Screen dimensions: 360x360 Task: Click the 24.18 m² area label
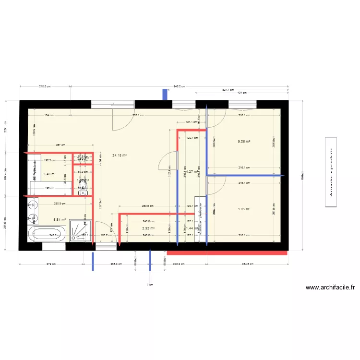point(120,155)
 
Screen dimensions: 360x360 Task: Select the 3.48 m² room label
point(49,174)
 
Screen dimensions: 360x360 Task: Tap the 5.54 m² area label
point(60,219)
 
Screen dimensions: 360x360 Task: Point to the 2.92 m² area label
point(148,228)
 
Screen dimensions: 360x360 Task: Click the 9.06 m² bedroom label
point(244,142)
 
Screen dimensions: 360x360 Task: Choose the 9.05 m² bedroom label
point(244,209)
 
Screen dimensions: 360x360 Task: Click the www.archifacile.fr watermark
point(330,288)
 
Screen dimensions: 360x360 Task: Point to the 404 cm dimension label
point(241,93)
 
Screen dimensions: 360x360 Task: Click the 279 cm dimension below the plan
point(51,264)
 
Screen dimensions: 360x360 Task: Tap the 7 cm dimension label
point(150,285)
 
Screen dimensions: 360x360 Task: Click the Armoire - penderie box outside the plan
point(330,172)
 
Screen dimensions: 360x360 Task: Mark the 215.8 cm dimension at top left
point(45,86)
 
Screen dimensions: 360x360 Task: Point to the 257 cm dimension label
point(60,144)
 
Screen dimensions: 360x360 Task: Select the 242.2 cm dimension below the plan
point(179,264)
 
